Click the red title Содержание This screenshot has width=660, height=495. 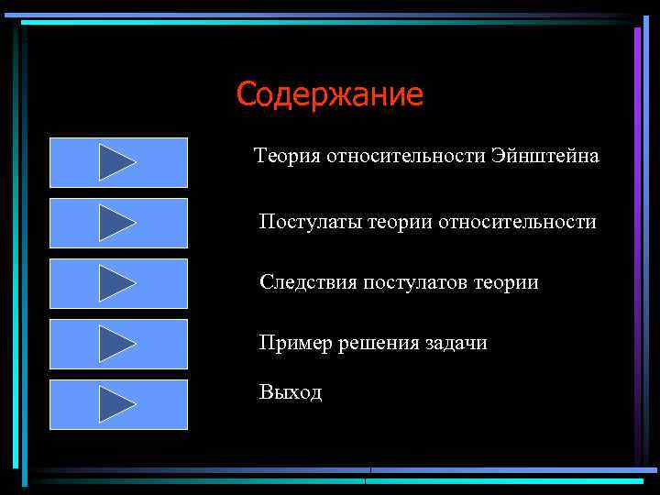(329, 94)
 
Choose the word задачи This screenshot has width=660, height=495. (456, 343)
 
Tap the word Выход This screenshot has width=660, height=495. (291, 392)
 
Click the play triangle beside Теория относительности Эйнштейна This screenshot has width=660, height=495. (116, 162)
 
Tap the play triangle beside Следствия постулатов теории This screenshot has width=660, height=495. (116, 283)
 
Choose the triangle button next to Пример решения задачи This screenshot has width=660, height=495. (116, 344)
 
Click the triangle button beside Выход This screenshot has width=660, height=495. (116, 404)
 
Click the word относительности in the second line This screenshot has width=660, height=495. (518, 222)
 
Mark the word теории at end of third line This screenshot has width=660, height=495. (506, 282)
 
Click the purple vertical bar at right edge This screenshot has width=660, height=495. (638, 183)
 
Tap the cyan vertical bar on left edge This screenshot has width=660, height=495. (26, 275)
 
